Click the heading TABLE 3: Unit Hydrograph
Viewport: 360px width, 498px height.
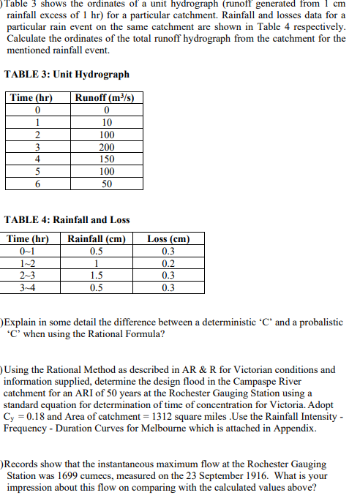pyautogui.click(x=67, y=75)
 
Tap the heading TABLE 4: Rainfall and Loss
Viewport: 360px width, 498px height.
pyautogui.click(x=67, y=219)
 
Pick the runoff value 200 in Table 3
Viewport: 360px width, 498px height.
pyautogui.click(x=106, y=148)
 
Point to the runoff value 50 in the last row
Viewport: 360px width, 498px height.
pyautogui.click(x=106, y=184)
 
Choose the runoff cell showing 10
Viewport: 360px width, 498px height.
pyautogui.click(x=106, y=123)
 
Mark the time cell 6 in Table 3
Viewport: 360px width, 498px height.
pyautogui.click(x=37, y=184)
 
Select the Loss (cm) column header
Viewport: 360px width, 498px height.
pyautogui.click(x=168, y=238)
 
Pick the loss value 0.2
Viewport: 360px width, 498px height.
pyautogui.click(x=168, y=263)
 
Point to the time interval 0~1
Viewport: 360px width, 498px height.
pyautogui.click(x=28, y=251)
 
